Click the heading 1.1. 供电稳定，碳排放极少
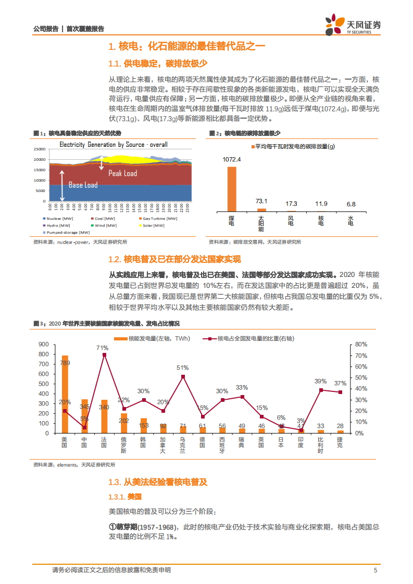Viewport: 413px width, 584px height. click(158, 64)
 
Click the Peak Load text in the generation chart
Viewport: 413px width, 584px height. click(122, 173)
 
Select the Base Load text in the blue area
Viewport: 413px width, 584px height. click(83, 185)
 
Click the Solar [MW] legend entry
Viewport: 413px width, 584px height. click(153, 225)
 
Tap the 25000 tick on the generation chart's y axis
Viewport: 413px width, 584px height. click(39, 149)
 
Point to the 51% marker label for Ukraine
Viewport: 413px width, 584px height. click(183, 367)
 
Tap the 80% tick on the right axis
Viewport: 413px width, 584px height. click(361, 345)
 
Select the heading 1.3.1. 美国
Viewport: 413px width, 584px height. click(121, 497)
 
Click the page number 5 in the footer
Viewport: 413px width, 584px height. click(375, 570)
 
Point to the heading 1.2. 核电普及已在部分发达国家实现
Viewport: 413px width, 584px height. click(174, 259)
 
